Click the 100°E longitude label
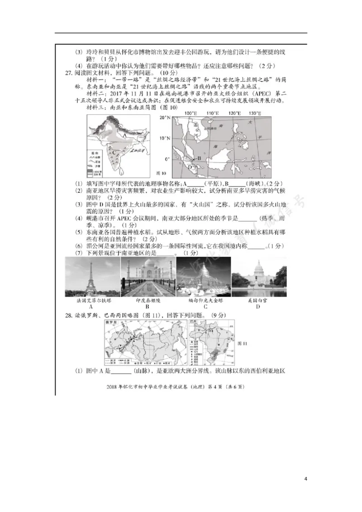pos(191,113)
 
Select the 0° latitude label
pos(167,159)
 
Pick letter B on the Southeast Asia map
pos(198,159)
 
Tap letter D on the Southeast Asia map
pos(190,167)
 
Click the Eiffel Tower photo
pos(92,277)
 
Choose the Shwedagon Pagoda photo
pos(203,277)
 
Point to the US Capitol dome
pos(258,269)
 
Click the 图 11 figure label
pos(243,343)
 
